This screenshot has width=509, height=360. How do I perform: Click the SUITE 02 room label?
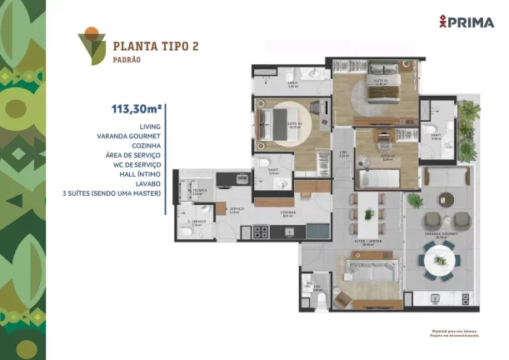pos(387,157)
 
